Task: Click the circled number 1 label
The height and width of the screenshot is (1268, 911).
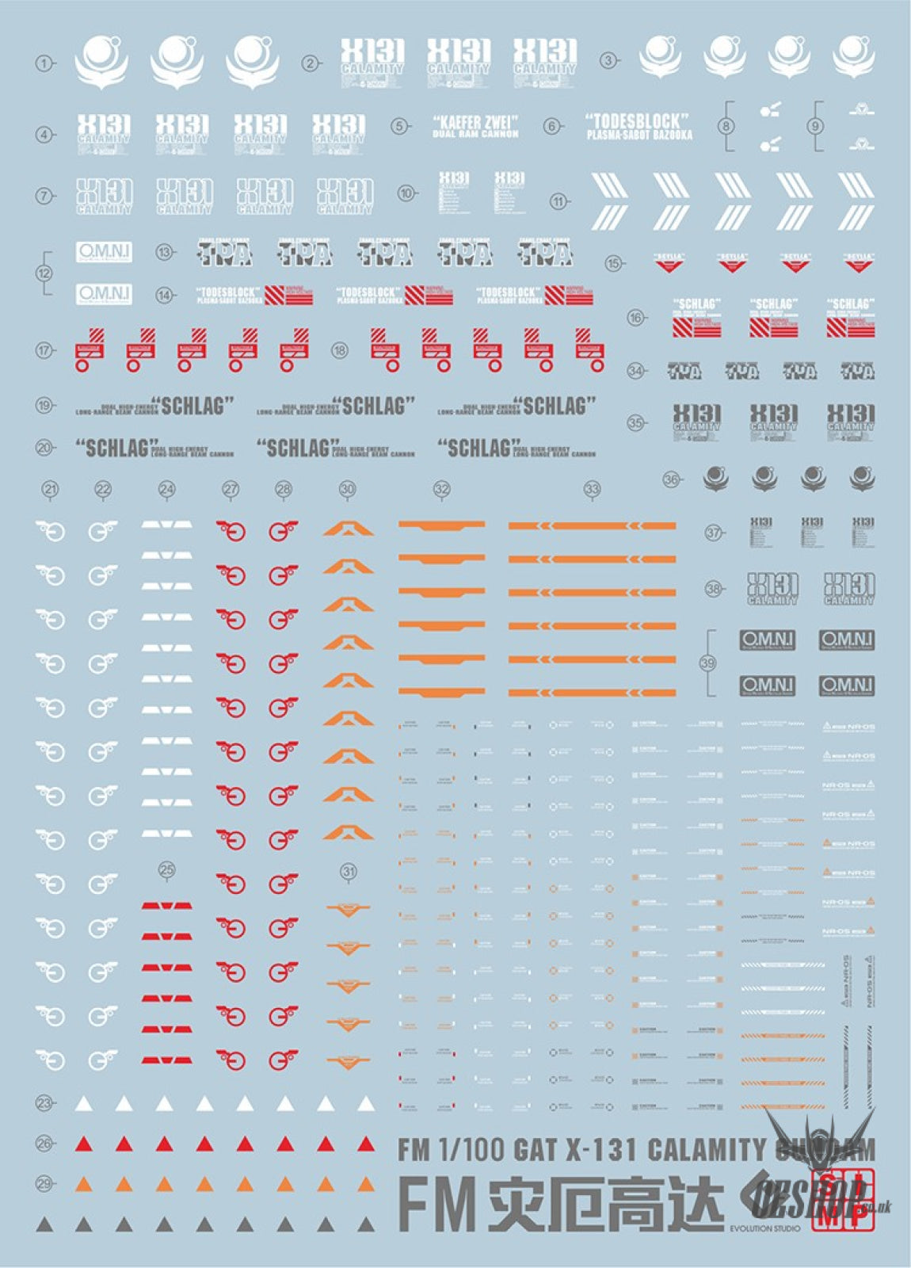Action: coord(44,63)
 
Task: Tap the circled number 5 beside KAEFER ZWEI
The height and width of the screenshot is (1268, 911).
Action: coord(400,126)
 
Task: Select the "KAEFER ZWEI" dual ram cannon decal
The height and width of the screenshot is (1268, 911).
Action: coord(475,126)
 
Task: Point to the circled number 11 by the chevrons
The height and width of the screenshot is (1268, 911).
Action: coord(559,201)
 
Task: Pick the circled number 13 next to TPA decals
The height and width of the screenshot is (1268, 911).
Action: coord(165,253)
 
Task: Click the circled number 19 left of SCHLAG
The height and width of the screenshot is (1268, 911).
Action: coord(44,406)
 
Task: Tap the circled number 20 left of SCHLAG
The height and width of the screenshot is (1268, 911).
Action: coord(44,448)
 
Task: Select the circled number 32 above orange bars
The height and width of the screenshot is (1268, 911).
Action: coord(442,490)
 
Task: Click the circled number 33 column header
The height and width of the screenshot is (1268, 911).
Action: coord(593,490)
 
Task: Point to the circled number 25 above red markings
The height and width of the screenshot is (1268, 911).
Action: coord(166,870)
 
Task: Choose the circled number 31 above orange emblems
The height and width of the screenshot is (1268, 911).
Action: coord(349,872)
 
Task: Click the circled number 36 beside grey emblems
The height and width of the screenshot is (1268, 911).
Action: coord(672,479)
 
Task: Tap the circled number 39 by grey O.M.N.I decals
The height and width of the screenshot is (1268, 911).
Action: coord(708,663)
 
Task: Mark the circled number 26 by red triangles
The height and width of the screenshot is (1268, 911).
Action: coord(44,1144)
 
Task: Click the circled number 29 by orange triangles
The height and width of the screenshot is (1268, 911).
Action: coord(44,1184)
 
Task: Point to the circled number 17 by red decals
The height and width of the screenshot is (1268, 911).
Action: coord(44,350)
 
